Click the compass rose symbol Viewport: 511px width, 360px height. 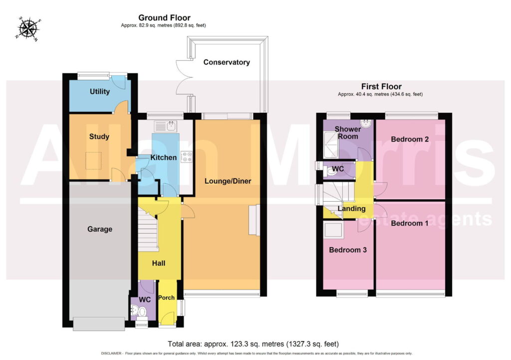[x=28, y=28]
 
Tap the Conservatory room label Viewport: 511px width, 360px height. [x=227, y=62]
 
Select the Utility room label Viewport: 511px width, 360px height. [x=100, y=92]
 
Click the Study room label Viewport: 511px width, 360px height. [x=99, y=137]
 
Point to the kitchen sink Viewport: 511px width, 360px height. [x=166, y=126]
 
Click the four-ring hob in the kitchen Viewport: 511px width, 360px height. [x=187, y=157]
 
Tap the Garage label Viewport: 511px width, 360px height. [x=100, y=229]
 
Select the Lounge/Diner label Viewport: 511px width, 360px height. [x=228, y=181]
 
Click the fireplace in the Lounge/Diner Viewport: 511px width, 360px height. [x=255, y=220]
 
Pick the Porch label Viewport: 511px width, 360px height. [x=166, y=298]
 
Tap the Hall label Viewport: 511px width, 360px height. [x=159, y=263]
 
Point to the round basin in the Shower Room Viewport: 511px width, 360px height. [x=366, y=124]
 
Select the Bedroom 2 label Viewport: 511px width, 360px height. [x=410, y=139]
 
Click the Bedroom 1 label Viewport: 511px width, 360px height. [x=410, y=223]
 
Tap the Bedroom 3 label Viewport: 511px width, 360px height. [x=348, y=250]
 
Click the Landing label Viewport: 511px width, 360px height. [x=351, y=209]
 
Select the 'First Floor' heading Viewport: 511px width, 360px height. [x=381, y=86]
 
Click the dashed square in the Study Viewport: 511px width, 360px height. [x=93, y=161]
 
